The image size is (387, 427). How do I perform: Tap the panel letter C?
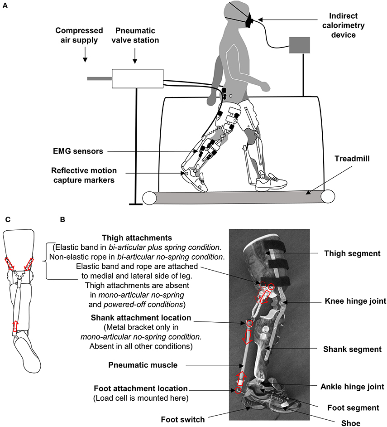7,220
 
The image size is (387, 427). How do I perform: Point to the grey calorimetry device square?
300,47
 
